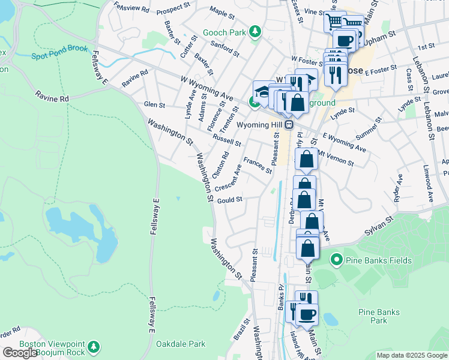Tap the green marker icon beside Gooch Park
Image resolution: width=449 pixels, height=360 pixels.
click(x=255, y=31)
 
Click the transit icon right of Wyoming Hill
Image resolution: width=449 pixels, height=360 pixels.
click(x=289, y=124)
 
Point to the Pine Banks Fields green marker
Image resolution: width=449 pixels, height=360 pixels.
click(x=336, y=260)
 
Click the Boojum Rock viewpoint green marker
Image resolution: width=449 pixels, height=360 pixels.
click(x=94, y=347)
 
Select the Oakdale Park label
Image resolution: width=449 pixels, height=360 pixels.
click(x=181, y=344)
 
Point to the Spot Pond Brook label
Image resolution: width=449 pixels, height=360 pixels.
click(x=60, y=56)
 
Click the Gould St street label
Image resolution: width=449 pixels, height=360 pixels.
click(x=230, y=200)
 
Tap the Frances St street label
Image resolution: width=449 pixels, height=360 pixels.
click(x=258, y=166)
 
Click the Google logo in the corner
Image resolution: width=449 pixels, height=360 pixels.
click(x=20, y=353)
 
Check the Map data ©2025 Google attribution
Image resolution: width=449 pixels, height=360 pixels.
click(x=411, y=355)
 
